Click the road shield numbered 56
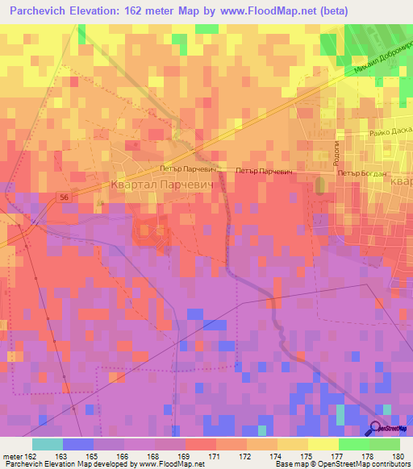(x=63, y=196)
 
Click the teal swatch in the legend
(x=48, y=444)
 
